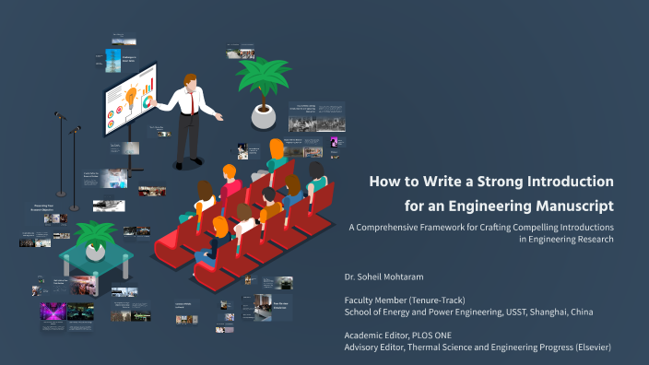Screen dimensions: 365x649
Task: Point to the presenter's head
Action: coord(190,81)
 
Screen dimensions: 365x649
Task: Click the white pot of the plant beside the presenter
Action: coord(264,116)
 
